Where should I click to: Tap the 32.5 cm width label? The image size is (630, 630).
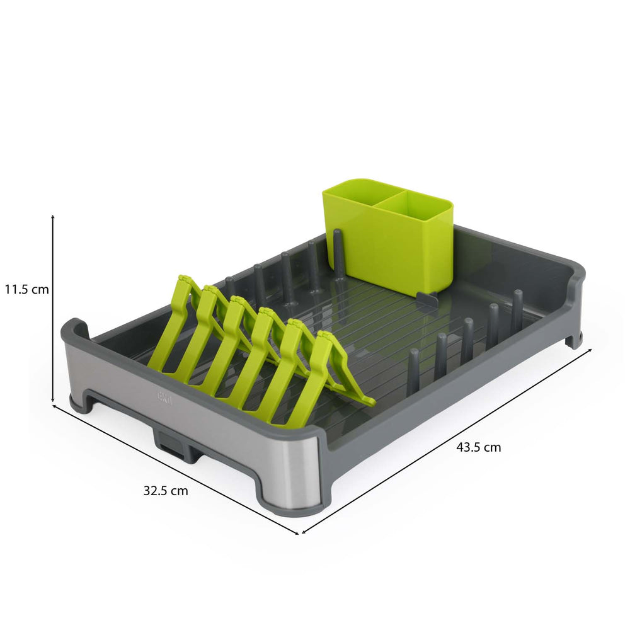166,491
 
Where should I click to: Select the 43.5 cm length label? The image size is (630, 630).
479,447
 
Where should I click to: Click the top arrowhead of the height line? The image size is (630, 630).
53,216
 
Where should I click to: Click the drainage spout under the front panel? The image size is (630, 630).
171,446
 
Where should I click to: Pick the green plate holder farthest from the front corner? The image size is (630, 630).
171,321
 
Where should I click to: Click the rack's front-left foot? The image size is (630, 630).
81,403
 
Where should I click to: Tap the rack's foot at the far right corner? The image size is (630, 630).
573,341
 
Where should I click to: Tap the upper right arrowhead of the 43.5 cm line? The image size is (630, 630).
590,349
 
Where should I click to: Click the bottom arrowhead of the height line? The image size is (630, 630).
53,401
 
